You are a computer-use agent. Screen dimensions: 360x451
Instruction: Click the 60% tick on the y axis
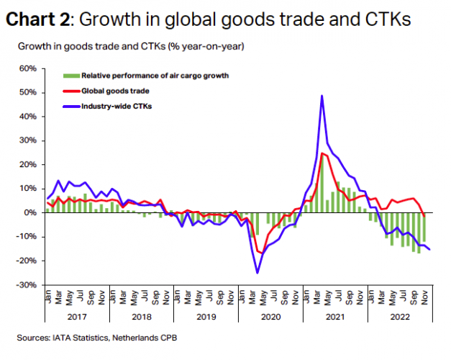(27, 68)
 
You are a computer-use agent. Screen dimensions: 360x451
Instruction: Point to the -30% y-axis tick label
(27, 285)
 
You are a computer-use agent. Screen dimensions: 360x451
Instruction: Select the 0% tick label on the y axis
(30, 213)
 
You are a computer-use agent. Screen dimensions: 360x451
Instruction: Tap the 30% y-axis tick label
(27, 140)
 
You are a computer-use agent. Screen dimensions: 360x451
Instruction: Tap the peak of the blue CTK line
(322, 96)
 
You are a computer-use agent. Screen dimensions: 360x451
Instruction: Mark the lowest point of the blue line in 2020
(258, 273)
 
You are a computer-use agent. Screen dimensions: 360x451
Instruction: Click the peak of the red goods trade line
(321, 153)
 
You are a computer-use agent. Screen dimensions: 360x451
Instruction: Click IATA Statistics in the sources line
(81, 337)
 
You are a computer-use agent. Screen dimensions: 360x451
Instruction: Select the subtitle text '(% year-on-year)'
(208, 47)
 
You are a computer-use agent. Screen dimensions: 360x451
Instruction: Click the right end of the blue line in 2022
(431, 250)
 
